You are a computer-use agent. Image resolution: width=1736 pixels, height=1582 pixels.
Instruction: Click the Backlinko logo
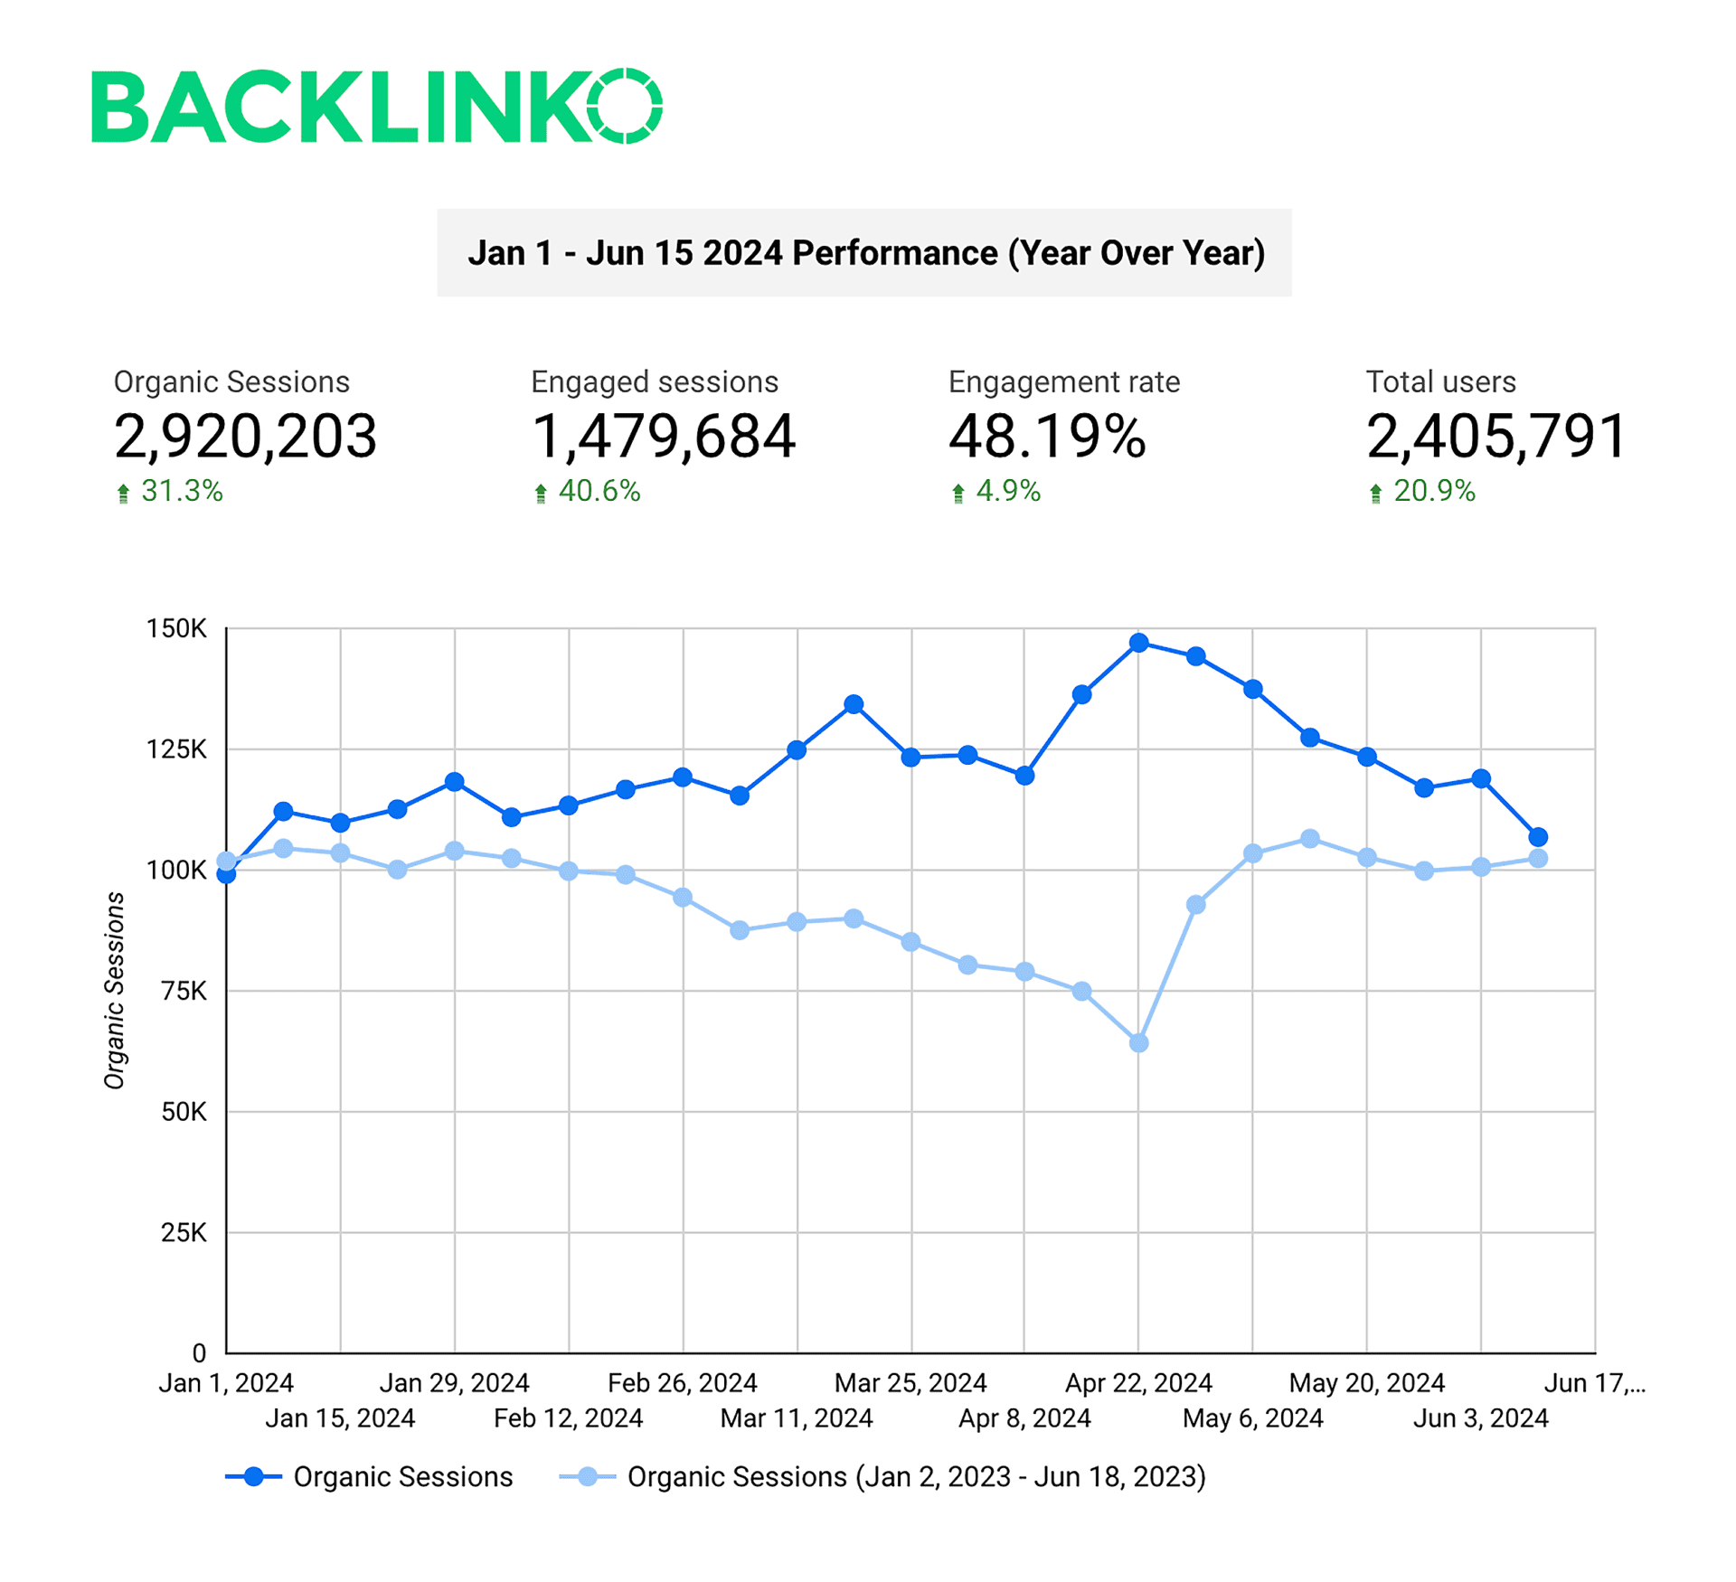(376, 106)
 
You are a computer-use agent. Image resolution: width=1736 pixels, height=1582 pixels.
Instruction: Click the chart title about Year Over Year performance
(864, 253)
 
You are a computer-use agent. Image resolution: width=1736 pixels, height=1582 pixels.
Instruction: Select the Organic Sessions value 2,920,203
(245, 437)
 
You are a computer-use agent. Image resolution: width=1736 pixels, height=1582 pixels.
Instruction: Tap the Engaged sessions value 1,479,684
(663, 437)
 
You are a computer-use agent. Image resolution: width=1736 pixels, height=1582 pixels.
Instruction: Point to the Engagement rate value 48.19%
(1046, 437)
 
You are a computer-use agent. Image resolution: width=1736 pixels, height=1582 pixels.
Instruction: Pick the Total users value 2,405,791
(1496, 437)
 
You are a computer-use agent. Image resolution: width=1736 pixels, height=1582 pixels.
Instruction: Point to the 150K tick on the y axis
(176, 628)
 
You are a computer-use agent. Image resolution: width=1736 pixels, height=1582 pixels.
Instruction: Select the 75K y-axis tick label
(184, 991)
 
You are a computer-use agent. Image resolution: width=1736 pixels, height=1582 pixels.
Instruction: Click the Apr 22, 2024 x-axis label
(1137, 1383)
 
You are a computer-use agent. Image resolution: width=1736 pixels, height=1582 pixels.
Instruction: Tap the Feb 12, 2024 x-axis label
(568, 1418)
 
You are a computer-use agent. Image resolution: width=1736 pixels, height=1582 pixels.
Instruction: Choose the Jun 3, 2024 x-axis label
(1480, 1418)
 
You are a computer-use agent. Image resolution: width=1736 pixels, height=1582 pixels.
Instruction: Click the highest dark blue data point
(1139, 643)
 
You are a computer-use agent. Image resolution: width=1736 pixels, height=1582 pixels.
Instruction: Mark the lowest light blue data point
(1139, 1043)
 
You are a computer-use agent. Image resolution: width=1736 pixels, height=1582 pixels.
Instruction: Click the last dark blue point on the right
(1538, 837)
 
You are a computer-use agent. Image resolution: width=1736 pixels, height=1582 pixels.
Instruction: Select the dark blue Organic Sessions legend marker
(254, 1477)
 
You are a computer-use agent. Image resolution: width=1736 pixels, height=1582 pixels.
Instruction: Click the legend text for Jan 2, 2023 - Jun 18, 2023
(916, 1477)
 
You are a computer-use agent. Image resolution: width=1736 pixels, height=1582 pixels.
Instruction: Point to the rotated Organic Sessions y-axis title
(114, 991)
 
